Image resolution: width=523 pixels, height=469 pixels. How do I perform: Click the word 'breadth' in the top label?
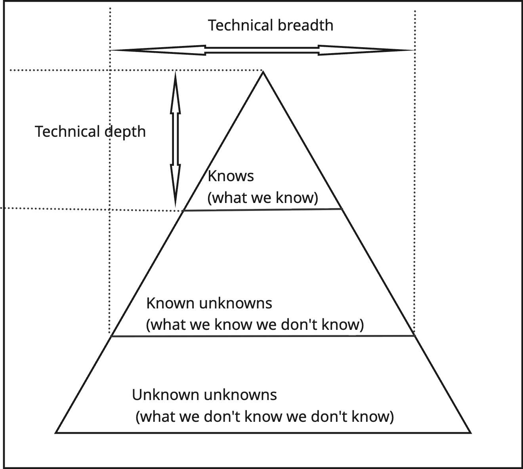coord(305,25)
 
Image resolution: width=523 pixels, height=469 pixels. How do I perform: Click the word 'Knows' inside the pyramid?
coord(231,176)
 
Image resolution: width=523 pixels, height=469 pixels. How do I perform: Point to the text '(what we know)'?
coord(263,197)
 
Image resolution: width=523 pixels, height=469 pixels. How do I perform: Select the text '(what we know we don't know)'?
coord(255,325)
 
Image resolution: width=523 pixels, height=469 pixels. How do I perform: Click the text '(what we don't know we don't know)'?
coord(264,417)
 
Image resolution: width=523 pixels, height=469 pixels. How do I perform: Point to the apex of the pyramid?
coord(263,71)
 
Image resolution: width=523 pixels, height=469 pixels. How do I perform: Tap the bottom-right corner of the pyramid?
coord(471,433)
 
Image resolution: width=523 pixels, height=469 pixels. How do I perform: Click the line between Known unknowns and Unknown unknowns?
coord(263,336)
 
